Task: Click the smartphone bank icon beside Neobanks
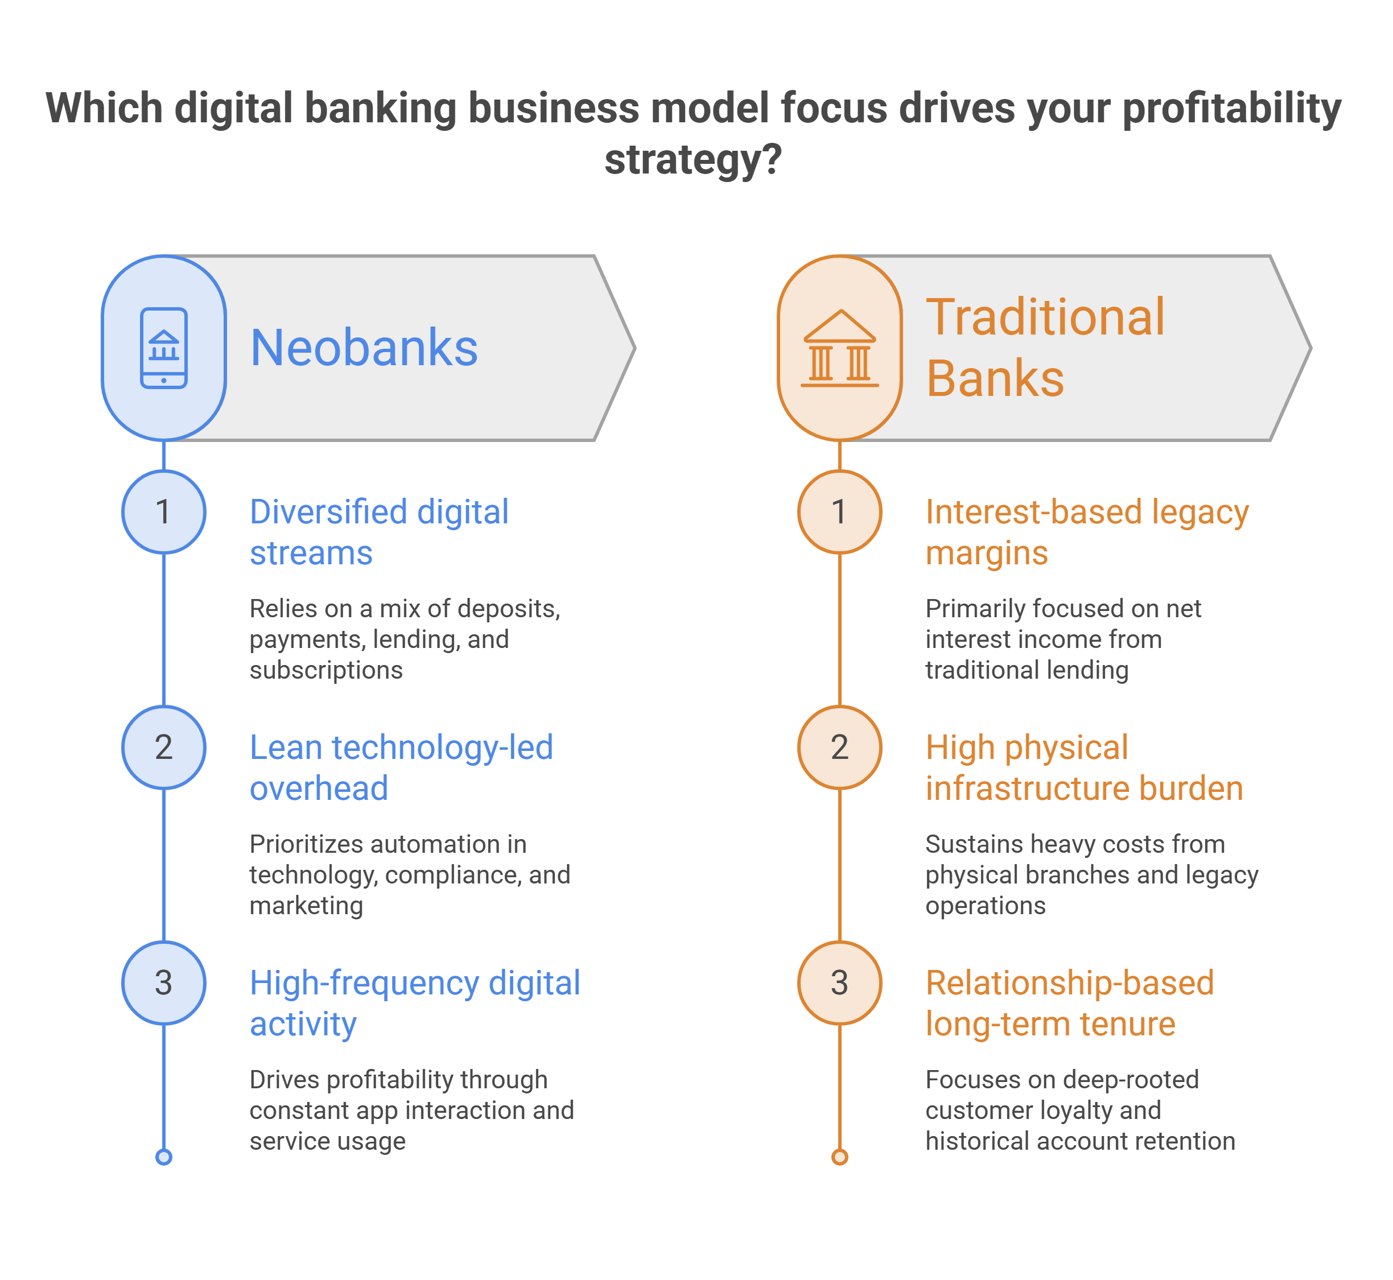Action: (163, 348)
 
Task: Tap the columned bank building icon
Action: (839, 348)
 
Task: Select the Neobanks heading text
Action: (364, 348)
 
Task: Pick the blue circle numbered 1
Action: (163, 512)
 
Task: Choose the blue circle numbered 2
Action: (163, 748)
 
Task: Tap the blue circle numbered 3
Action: (163, 983)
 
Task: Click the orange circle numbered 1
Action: (839, 512)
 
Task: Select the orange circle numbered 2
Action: (839, 748)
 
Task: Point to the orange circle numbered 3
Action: (839, 983)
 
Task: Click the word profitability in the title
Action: (1231, 109)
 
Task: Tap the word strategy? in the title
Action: (694, 160)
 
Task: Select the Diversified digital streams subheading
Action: (379, 532)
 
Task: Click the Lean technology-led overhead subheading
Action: (402, 768)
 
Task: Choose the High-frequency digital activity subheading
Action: (415, 1004)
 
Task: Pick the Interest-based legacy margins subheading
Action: (1087, 532)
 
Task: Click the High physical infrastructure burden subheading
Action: (1084, 768)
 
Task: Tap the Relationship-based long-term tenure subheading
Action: (1070, 1004)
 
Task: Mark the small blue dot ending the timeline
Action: (163, 1157)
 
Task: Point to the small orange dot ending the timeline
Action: (839, 1157)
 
